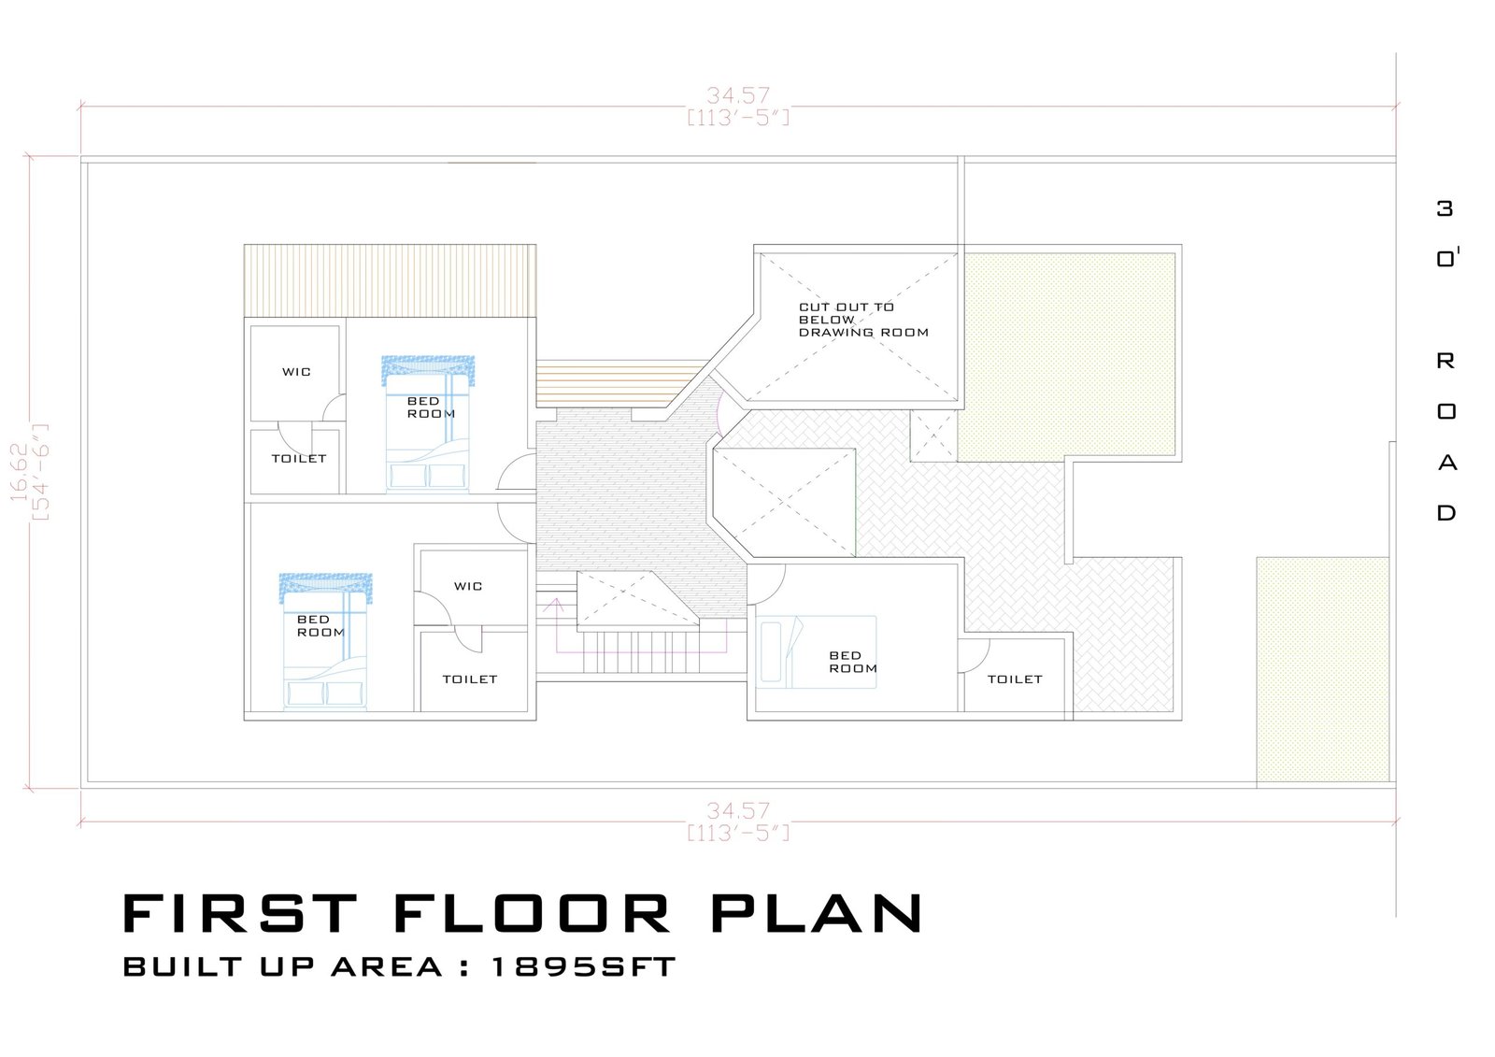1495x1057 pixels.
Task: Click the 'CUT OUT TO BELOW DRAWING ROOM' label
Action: (863, 320)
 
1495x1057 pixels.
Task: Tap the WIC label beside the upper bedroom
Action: (296, 372)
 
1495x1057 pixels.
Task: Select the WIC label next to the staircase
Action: (468, 586)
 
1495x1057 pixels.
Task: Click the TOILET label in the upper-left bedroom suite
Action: (299, 459)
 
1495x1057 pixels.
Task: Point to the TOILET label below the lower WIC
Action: (470, 679)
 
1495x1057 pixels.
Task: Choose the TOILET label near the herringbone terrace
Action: (1015, 679)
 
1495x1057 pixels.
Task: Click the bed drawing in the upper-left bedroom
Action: (428, 424)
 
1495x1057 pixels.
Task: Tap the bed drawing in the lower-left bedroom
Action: (325, 641)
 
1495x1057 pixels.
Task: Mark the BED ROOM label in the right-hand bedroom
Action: (853, 662)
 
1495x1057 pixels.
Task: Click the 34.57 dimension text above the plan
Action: (738, 95)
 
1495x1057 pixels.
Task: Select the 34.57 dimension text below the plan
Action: (738, 810)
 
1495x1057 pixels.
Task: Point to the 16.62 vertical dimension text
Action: (18, 472)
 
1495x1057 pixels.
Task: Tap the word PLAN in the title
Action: (817, 913)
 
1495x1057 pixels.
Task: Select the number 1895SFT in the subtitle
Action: (583, 967)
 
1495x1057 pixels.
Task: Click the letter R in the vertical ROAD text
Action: (1445, 362)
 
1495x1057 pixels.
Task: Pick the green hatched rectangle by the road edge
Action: (1322, 670)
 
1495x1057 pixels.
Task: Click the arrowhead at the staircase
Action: (553, 605)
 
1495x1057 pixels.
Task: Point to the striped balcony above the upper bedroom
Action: (390, 280)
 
